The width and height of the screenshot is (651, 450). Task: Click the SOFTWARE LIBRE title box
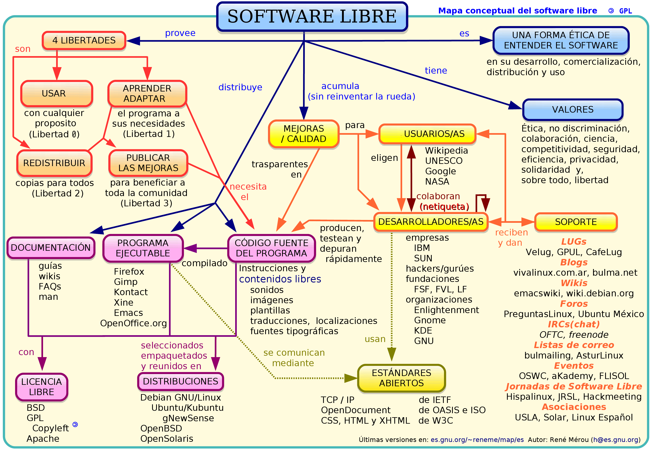[312, 16]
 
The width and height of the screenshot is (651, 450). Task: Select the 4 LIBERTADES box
[84, 41]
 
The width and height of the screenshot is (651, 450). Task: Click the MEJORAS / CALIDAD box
[304, 134]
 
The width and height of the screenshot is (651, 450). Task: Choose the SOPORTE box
[576, 222]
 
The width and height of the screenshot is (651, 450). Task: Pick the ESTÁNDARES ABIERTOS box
[401, 378]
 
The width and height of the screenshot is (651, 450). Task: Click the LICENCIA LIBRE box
[41, 387]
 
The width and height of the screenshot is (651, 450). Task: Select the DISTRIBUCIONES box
[180, 381]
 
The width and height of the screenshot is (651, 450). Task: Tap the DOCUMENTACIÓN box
[51, 248]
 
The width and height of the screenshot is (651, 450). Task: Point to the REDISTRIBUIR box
[54, 163]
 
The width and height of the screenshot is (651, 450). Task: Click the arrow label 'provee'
[180, 33]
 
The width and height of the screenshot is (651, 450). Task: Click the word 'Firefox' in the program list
[129, 271]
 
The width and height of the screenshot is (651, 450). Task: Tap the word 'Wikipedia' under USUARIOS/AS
[446, 151]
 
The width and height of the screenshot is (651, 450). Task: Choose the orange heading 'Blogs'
[574, 262]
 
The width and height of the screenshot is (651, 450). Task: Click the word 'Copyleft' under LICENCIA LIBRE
[50, 428]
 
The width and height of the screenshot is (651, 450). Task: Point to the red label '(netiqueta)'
[444, 207]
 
